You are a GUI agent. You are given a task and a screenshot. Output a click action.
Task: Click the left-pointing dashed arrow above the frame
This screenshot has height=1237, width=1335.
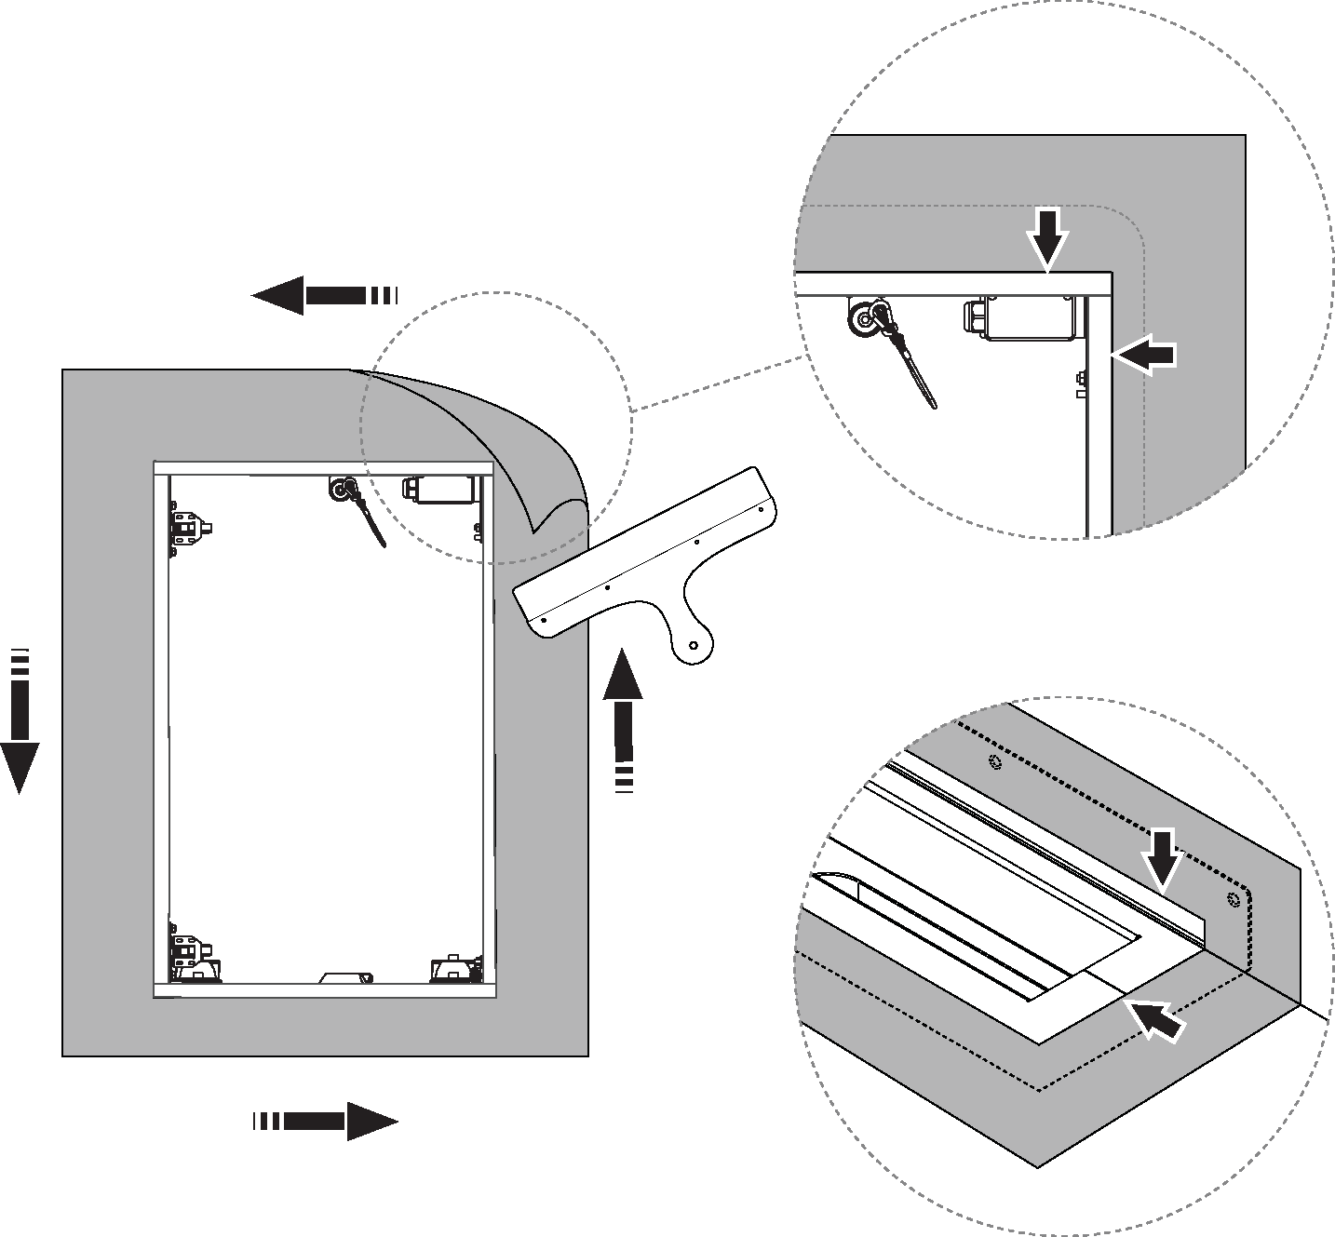(x=321, y=296)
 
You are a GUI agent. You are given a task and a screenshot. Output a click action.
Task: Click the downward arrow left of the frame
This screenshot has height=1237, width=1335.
(x=20, y=720)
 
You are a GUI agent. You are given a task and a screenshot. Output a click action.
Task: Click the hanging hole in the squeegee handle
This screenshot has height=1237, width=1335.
(x=694, y=644)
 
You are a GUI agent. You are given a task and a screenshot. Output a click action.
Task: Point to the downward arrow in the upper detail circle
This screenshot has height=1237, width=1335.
(x=1049, y=236)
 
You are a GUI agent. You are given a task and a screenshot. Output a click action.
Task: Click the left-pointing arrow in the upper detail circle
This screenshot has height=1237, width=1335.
(x=1145, y=355)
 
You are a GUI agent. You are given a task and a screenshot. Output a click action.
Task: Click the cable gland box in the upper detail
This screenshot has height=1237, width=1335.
(x=1021, y=317)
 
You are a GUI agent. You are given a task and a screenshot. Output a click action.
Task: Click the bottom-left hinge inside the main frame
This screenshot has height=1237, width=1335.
(x=189, y=952)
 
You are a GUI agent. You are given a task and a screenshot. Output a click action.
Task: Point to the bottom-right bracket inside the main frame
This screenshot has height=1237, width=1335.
(x=452, y=969)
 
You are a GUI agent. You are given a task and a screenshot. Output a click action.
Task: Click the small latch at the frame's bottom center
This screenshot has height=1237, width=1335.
(x=345, y=977)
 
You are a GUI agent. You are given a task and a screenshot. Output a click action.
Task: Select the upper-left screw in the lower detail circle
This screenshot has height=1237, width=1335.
(x=996, y=762)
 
